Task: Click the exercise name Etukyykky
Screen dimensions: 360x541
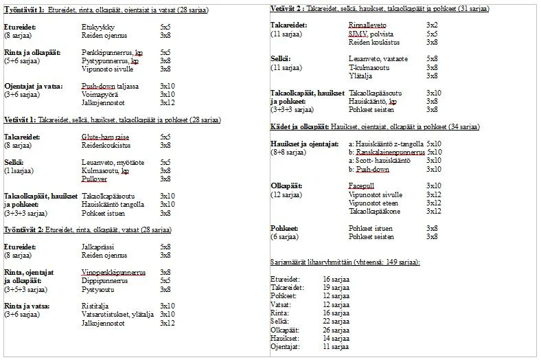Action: pos(96,26)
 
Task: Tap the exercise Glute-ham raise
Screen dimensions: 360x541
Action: pos(104,137)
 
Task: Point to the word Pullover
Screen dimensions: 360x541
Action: pos(95,179)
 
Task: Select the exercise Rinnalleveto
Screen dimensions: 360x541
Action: pos(369,25)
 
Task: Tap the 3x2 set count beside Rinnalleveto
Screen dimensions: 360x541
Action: pos(432,25)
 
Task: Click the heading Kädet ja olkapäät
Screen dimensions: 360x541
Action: pos(300,126)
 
